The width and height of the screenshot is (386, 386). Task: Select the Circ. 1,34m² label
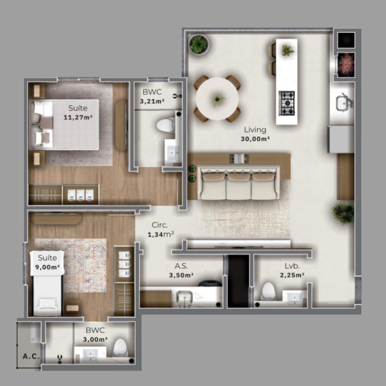(160, 230)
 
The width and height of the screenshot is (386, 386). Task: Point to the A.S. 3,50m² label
(181, 271)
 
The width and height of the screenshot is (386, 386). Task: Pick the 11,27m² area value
(78, 117)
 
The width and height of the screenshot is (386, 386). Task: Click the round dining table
(217, 99)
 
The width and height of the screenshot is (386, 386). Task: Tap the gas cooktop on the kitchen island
(287, 103)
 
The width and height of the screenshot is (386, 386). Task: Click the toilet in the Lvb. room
(268, 292)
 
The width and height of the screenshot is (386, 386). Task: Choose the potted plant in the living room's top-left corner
(198, 45)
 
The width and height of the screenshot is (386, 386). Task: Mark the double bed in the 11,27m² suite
(64, 124)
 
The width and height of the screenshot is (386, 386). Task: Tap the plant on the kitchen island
(287, 50)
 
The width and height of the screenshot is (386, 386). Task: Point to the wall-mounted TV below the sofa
(238, 246)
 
